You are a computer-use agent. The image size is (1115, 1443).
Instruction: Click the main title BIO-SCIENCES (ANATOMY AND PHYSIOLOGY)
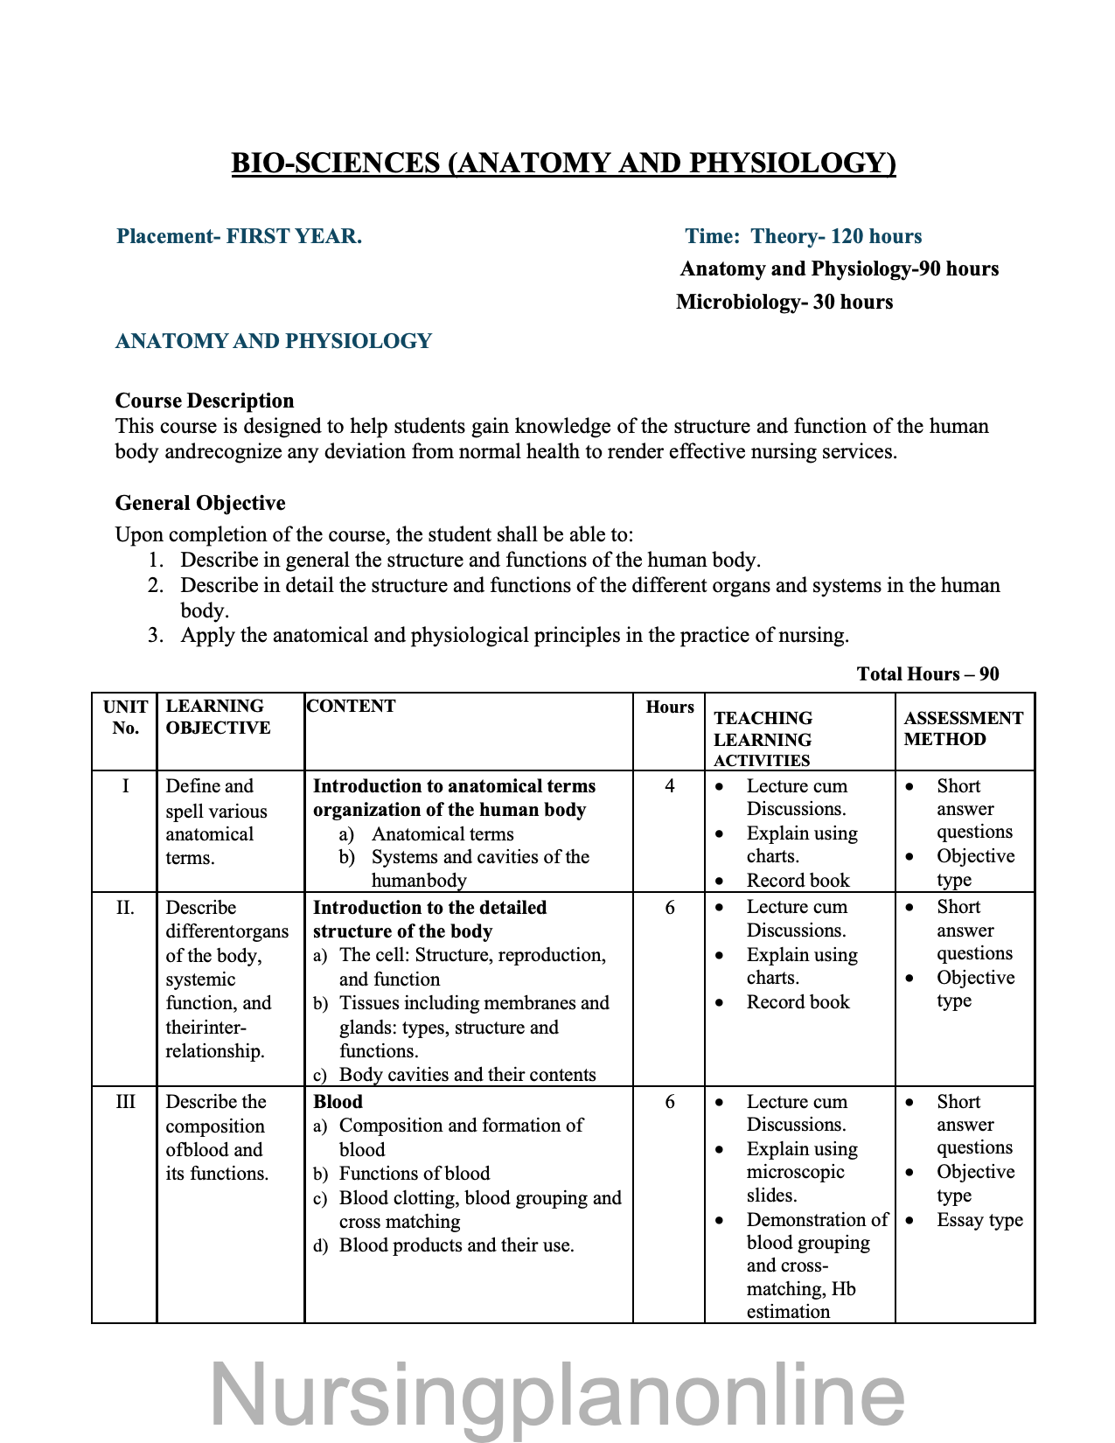pos(563,164)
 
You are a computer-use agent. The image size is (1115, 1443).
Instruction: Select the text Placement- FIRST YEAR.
pos(239,236)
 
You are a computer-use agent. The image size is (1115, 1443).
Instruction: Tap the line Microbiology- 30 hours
pos(784,303)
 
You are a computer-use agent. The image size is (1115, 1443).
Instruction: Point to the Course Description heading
pos(205,401)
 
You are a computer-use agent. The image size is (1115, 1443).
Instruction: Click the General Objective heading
pos(200,503)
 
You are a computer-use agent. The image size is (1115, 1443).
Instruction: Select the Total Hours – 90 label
pos(927,673)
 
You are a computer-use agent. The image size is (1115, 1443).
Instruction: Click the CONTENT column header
pos(352,706)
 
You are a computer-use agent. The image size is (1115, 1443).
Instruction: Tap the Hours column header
pos(670,707)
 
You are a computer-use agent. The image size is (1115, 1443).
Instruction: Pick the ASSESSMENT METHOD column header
pos(963,728)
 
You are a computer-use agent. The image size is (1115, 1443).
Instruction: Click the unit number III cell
pos(125,1102)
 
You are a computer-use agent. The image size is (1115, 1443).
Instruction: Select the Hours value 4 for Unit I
pos(670,785)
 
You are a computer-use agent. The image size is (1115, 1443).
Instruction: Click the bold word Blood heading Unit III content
pos(338,1102)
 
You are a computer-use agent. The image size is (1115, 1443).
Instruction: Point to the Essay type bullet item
pos(979,1220)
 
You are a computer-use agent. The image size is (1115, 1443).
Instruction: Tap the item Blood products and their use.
pos(456,1245)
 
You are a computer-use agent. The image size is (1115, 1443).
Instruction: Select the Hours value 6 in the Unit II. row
pos(670,908)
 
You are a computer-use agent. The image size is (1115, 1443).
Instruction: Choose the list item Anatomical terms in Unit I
pos(443,834)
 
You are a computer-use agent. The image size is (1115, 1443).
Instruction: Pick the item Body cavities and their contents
pos(467,1075)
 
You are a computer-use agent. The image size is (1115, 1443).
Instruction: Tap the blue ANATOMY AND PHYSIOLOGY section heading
pos(274,341)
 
